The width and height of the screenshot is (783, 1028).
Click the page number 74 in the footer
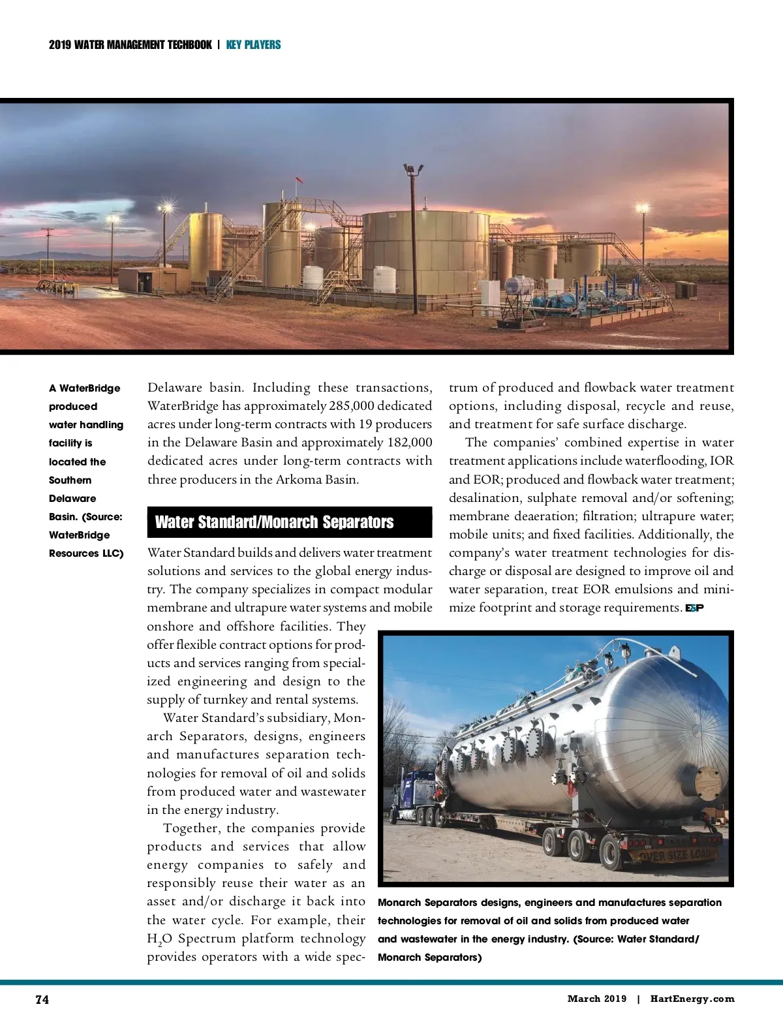42,999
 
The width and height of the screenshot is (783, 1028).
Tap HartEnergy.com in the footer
692,999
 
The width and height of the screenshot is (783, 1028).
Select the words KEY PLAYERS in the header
253,45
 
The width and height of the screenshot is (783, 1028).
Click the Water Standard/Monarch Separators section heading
274,522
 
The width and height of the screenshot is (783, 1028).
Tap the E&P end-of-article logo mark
694,608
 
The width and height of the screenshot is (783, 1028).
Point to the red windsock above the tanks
299,179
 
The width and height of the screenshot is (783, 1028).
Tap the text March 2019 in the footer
596,999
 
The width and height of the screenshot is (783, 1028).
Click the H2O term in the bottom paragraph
159,939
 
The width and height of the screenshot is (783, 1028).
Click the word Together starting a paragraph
192,828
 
